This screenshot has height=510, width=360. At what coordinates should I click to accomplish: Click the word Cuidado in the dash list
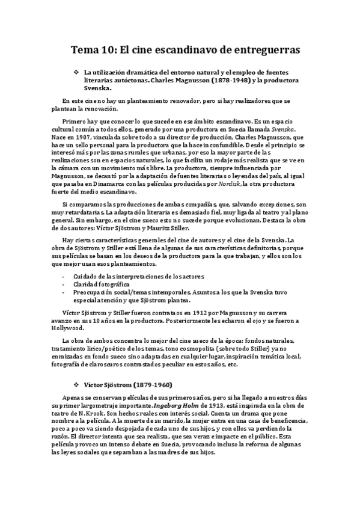[x=85, y=276]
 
